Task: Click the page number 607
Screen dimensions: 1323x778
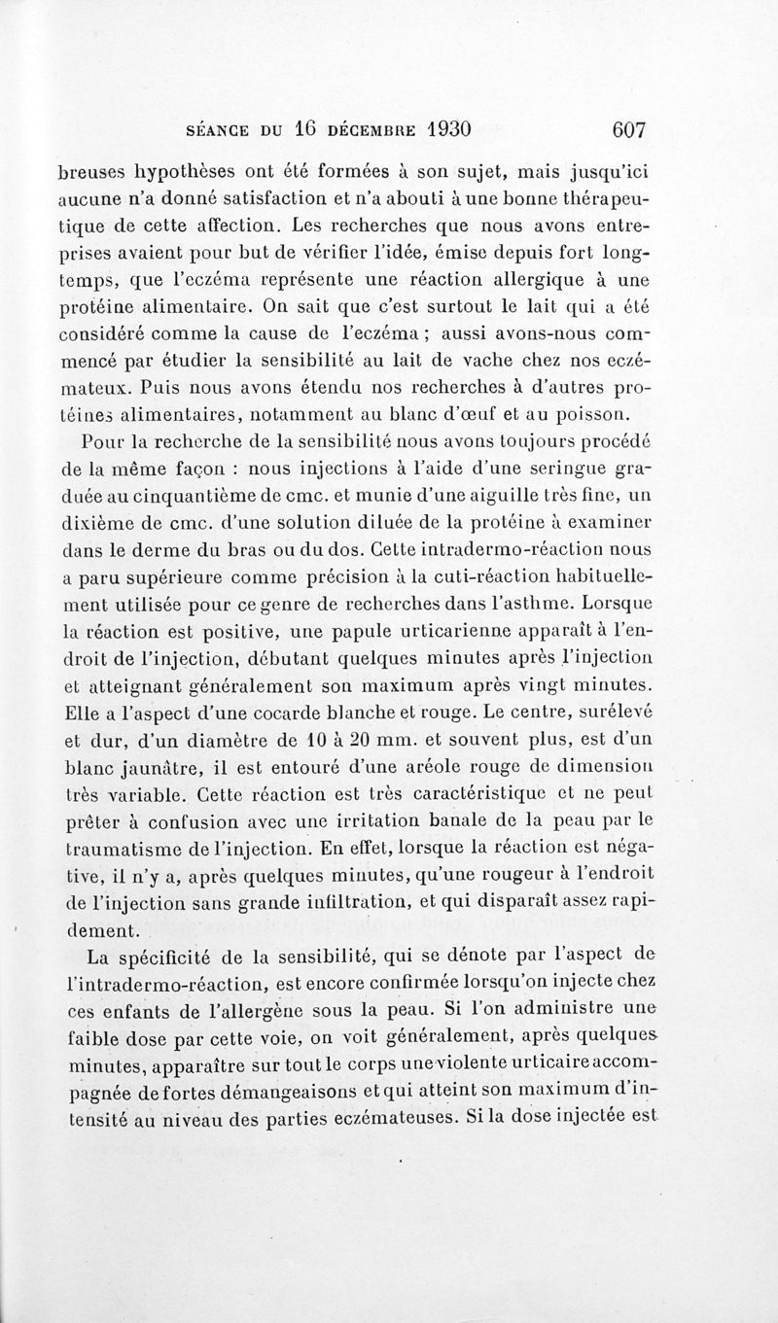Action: (x=630, y=130)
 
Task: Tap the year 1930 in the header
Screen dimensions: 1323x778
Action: (x=435, y=130)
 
